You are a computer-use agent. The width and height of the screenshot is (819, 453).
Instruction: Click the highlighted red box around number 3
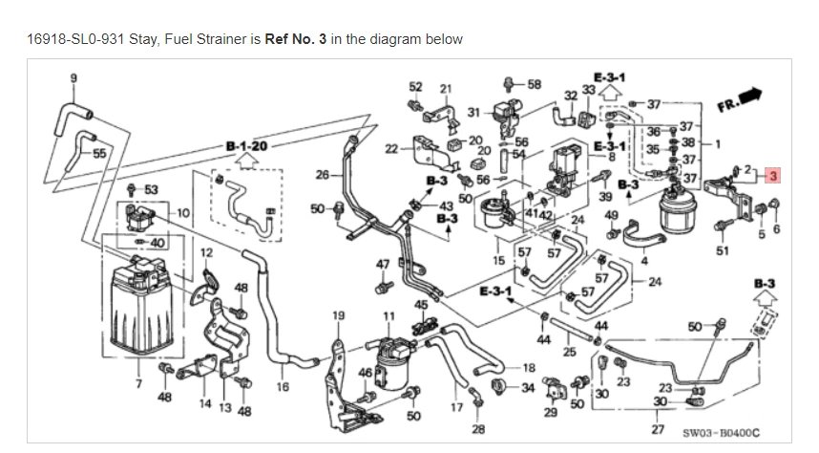tap(773, 176)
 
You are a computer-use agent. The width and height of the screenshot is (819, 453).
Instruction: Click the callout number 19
tap(337, 314)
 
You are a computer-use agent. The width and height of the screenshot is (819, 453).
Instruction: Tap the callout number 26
tap(322, 174)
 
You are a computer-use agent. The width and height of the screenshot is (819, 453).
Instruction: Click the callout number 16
tap(283, 387)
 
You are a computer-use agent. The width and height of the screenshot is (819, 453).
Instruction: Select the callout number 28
tap(478, 428)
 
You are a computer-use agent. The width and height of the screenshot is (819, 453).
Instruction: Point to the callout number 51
tap(722, 250)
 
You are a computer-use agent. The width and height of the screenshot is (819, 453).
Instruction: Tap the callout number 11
tap(388, 314)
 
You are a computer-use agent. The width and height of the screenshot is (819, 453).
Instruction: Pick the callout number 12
tap(205, 252)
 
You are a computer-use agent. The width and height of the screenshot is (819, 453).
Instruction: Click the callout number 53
tap(152, 189)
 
